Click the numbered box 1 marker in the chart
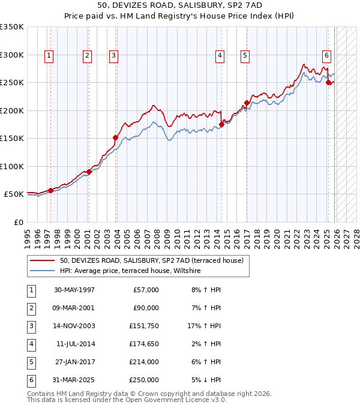point(49,56)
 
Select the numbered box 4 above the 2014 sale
point(220,56)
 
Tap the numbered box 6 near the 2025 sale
point(326,56)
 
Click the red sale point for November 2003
point(115,137)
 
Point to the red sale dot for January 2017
point(247,103)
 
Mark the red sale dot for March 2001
point(89,172)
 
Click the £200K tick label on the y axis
point(11,110)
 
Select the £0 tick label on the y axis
point(18,222)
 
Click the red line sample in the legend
point(42,261)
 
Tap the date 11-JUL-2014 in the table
point(74,344)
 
